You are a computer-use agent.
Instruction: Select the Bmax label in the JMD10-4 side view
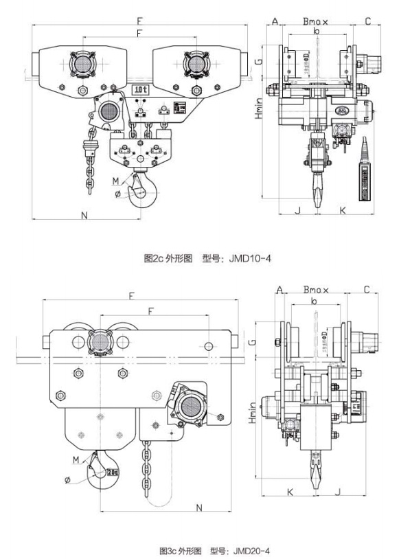tap(316, 21)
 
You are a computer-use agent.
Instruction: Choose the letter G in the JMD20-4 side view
tap(254, 341)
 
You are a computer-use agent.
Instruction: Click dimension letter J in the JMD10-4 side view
tap(297, 209)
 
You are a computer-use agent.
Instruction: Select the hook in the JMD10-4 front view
tap(144, 187)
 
